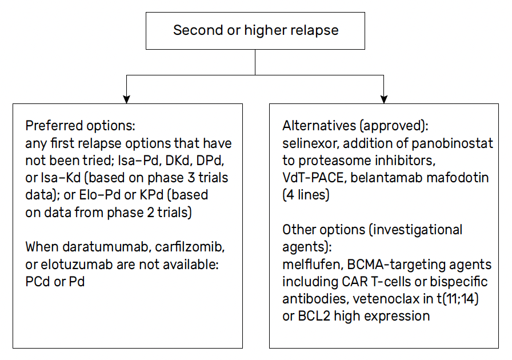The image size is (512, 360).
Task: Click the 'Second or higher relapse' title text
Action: pyautogui.click(x=255, y=30)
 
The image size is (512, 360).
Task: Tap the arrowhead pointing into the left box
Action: pyautogui.click(x=126, y=99)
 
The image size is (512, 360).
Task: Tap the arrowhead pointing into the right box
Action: pyautogui.click(x=383, y=99)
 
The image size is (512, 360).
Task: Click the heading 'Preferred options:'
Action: pyautogui.click(x=81, y=126)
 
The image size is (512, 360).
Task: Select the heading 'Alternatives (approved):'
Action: pyautogui.click(x=355, y=126)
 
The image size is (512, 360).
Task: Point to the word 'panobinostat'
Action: pyautogui.click(x=452, y=143)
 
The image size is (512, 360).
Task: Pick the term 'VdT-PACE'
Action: pyautogui.click(x=313, y=178)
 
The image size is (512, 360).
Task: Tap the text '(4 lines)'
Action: pyautogui.click(x=306, y=195)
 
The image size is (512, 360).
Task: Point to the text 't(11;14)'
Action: pyautogui.click(x=458, y=299)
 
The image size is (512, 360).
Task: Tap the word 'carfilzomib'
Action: pyautogui.click(x=190, y=247)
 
